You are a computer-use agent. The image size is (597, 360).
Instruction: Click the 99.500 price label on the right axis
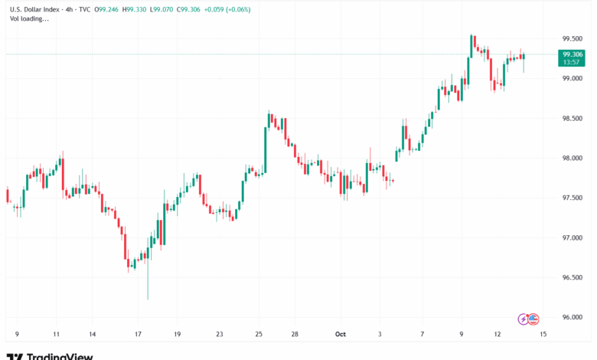(574, 38)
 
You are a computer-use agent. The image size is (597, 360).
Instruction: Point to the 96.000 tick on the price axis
(574, 317)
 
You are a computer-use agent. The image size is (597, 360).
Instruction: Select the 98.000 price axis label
(574, 158)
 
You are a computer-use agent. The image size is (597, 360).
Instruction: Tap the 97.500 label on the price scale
(574, 198)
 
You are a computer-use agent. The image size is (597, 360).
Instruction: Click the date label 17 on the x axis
(138, 334)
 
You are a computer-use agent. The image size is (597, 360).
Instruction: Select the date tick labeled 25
(259, 334)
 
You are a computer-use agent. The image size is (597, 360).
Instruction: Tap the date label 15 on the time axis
(542, 334)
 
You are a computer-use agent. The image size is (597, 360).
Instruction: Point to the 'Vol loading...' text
(28, 18)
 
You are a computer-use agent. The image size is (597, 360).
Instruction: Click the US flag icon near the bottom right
(533, 318)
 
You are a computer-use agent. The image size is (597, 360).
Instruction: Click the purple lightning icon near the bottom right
(524, 318)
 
